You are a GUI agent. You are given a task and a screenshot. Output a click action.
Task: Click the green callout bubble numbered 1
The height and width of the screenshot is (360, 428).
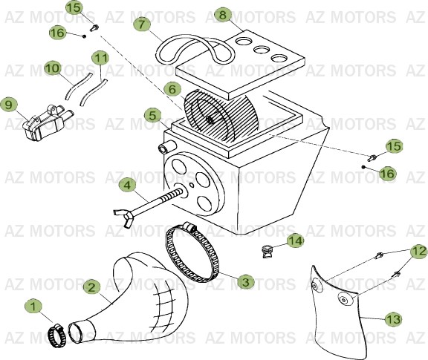[31, 306]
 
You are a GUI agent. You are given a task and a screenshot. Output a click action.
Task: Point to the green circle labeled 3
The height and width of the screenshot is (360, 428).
[246, 281]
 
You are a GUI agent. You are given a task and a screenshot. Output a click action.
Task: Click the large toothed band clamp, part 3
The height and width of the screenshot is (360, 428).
[195, 252]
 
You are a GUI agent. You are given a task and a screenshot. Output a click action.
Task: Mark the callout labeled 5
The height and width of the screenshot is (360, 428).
[152, 116]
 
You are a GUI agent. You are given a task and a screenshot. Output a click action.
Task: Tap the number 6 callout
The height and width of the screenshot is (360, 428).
[172, 89]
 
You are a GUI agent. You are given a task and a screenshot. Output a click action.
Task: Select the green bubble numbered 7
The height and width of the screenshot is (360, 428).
[143, 24]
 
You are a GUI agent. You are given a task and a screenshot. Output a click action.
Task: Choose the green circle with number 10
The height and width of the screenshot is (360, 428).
[52, 68]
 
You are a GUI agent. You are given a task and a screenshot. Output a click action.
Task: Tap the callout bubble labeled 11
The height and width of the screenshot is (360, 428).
[100, 57]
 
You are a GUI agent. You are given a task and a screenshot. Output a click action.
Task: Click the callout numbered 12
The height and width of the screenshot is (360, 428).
[418, 252]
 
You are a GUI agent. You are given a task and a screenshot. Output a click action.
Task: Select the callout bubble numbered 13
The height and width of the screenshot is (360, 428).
[393, 319]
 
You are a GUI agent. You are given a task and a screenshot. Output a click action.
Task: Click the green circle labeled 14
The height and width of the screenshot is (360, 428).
[296, 240]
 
